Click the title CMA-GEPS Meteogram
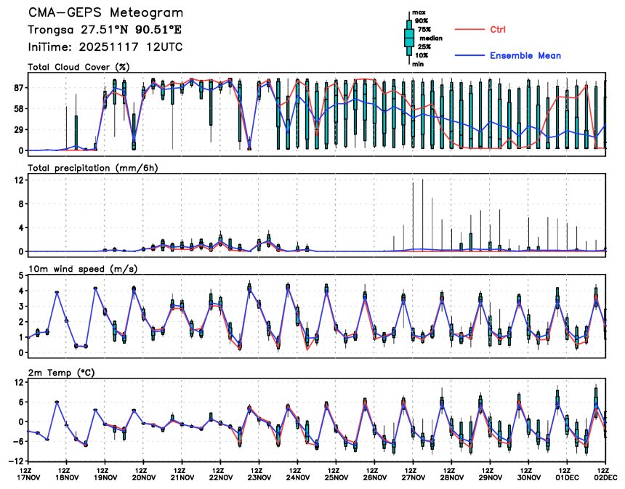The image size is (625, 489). pos(105,13)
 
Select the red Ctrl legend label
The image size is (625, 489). pos(497,29)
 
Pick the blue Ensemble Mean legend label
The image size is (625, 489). pos(525,56)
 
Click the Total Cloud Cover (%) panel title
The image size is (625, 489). pos(78,67)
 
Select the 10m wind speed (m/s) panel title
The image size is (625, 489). pos(83,269)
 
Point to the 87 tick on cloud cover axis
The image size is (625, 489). pos(15,88)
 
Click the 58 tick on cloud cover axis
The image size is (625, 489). pos(15,109)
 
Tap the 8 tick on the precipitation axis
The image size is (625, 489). pos(18,204)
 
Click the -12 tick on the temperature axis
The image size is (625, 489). pos(14,461)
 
